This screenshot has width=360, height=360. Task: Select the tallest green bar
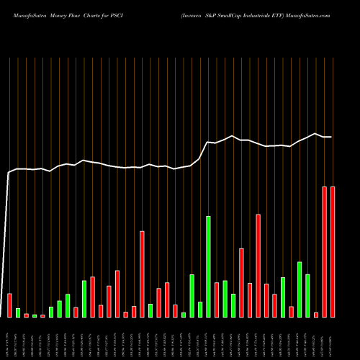tap(209, 266)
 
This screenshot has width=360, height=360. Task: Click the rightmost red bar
tap(333, 252)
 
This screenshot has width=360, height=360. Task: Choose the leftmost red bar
tap(9, 305)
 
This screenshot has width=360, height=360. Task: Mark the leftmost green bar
tap(18, 312)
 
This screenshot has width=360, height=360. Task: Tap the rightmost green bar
tap(308, 295)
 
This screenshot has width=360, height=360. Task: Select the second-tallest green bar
tap(300, 289)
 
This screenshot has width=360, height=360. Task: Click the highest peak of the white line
tap(315, 133)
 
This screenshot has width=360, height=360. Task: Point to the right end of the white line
tap(332, 137)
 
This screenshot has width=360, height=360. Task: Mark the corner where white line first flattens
tap(9, 172)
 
